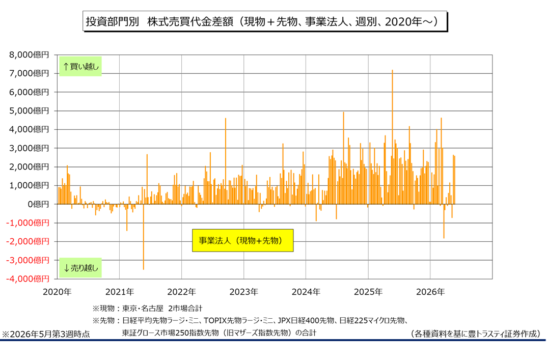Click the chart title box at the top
[x=265, y=21]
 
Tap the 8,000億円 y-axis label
[x=30, y=55]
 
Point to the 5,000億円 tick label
[x=30, y=111]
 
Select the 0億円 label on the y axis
[x=38, y=204]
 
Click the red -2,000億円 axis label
[x=28, y=241]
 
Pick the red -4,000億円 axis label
[x=28, y=279]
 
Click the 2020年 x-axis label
[x=57, y=292]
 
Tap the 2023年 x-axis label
[x=244, y=292]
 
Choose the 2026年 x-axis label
[x=430, y=292]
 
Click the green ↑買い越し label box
[x=80, y=66]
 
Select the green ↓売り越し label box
[x=80, y=268]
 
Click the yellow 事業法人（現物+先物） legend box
[x=243, y=240]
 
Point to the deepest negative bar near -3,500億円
[x=144, y=237]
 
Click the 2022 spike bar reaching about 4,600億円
[x=225, y=161]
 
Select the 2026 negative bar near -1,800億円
[x=444, y=221]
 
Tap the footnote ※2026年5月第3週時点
[x=46, y=334]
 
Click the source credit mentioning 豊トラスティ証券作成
[x=476, y=334]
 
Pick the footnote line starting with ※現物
[x=147, y=309]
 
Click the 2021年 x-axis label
[x=120, y=292]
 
